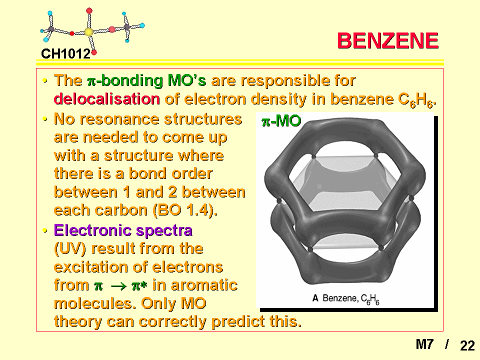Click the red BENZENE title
tap(388, 40)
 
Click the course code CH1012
tap(65, 54)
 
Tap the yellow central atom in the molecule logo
tap(89, 32)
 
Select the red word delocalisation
tap(107, 99)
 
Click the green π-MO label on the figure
tap(281, 121)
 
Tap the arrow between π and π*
tap(119, 286)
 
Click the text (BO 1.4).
tap(185, 210)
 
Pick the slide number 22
tap(467, 346)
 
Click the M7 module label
tap(424, 344)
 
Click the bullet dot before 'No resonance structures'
tap(45, 119)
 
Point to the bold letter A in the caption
tap(315, 298)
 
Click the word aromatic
tap(194, 285)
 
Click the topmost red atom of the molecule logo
tap(89, 11)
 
